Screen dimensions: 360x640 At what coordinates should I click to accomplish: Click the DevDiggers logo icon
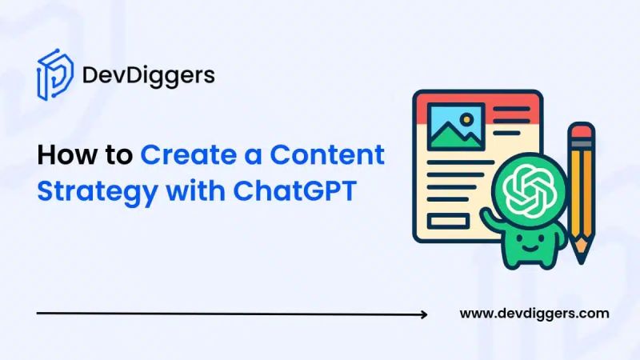54,75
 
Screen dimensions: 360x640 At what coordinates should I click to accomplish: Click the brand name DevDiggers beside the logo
148,76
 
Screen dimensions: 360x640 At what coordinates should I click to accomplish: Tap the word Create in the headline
187,155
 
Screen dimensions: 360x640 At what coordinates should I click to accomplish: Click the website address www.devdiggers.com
534,314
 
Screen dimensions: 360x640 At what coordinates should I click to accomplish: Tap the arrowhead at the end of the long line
423,314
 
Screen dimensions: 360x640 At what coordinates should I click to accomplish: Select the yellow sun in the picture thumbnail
466,124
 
